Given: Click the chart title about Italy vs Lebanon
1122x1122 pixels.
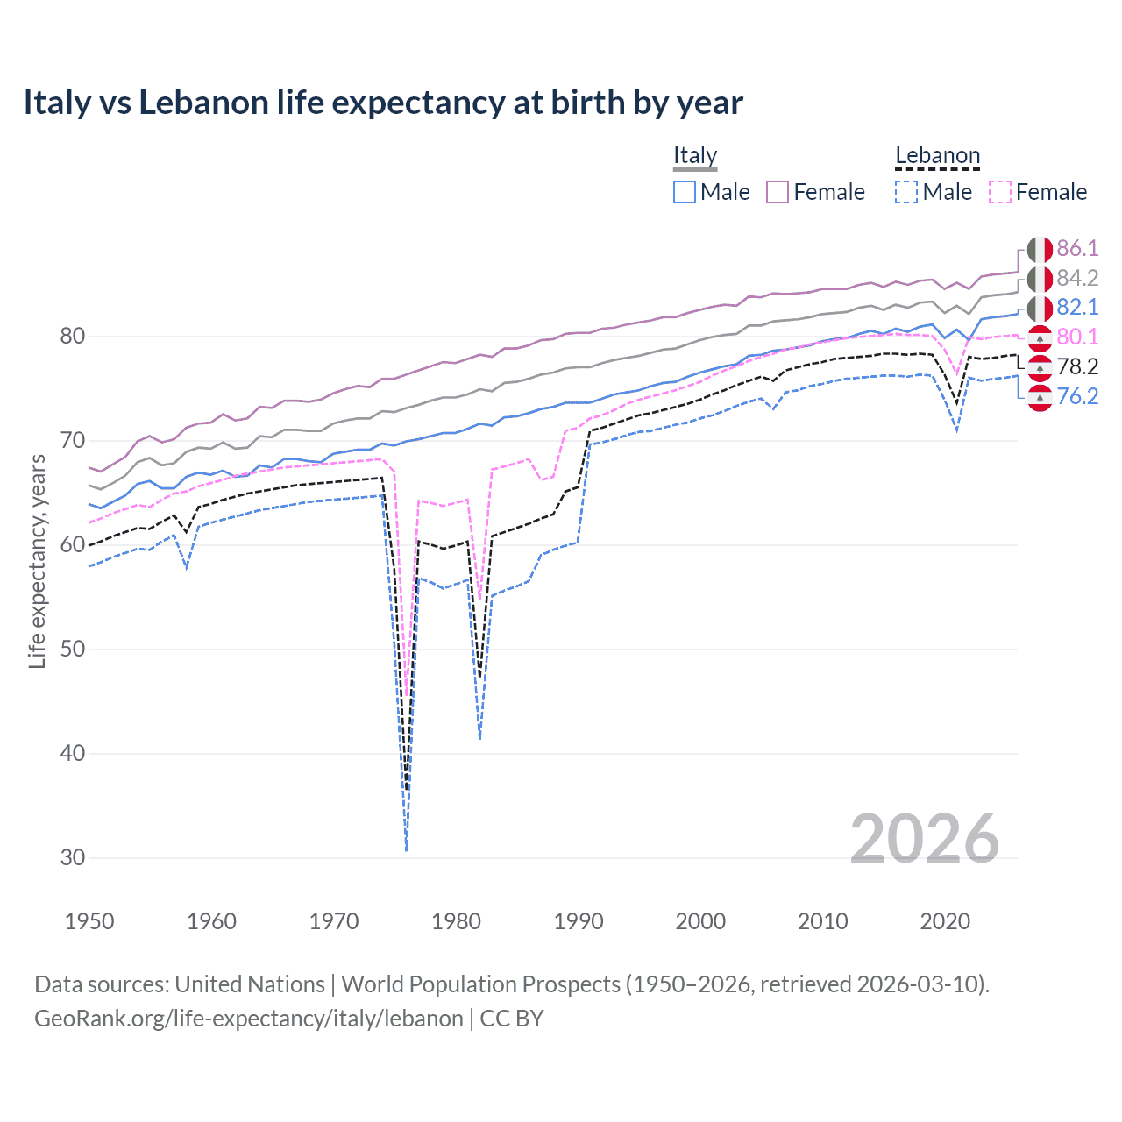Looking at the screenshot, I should click(383, 103).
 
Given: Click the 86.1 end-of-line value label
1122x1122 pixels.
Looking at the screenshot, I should click(1076, 248).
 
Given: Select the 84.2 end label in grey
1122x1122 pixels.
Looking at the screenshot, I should click(1076, 278).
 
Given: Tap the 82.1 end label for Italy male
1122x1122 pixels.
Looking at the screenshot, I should click(1076, 307).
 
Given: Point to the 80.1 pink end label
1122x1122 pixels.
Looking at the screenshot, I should click(1076, 337).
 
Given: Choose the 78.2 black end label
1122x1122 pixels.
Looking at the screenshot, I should click(1076, 366).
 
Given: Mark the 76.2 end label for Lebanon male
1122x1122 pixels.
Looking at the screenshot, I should click(1076, 396).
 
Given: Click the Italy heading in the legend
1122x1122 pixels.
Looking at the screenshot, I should click(695, 155).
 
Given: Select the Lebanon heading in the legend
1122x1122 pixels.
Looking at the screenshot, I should click(937, 155).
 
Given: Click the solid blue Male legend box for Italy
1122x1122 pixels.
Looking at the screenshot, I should click(685, 192).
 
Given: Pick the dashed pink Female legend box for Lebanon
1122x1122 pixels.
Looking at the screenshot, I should click(1000, 192).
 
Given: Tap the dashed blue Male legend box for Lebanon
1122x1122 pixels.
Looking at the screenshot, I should click(906, 192).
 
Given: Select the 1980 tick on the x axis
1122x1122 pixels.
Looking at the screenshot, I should click(456, 921).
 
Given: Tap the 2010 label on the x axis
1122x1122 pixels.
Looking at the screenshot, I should click(822, 921).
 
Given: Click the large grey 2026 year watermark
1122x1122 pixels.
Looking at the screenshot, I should click(924, 839).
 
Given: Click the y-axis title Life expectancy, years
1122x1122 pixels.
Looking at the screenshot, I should click(37, 561).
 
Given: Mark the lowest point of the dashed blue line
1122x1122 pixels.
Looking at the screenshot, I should click(407, 849).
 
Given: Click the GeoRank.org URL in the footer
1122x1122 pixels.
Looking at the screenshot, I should click(249, 1019).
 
